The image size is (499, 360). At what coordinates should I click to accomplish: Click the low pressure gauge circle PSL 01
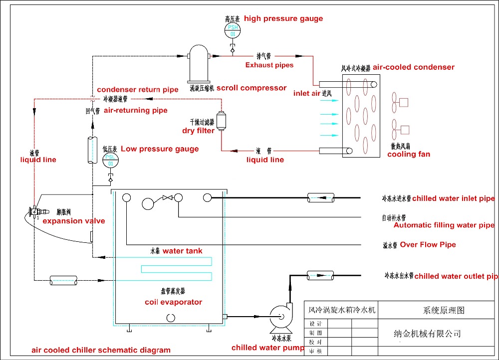tap(110, 161)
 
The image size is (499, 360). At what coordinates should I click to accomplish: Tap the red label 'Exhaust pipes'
tap(269, 65)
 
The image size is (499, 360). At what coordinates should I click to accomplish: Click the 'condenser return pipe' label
tap(137, 90)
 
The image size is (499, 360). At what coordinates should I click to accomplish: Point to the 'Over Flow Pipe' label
tap(428, 245)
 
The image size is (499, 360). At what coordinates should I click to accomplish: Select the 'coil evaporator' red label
tap(173, 302)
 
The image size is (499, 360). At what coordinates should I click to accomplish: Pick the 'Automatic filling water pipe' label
tap(444, 225)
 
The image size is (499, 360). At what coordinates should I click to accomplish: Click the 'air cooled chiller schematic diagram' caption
tap(101, 350)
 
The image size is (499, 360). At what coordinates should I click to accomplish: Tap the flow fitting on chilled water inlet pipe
tap(319, 198)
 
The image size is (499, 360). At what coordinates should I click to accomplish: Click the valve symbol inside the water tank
tap(168, 198)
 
